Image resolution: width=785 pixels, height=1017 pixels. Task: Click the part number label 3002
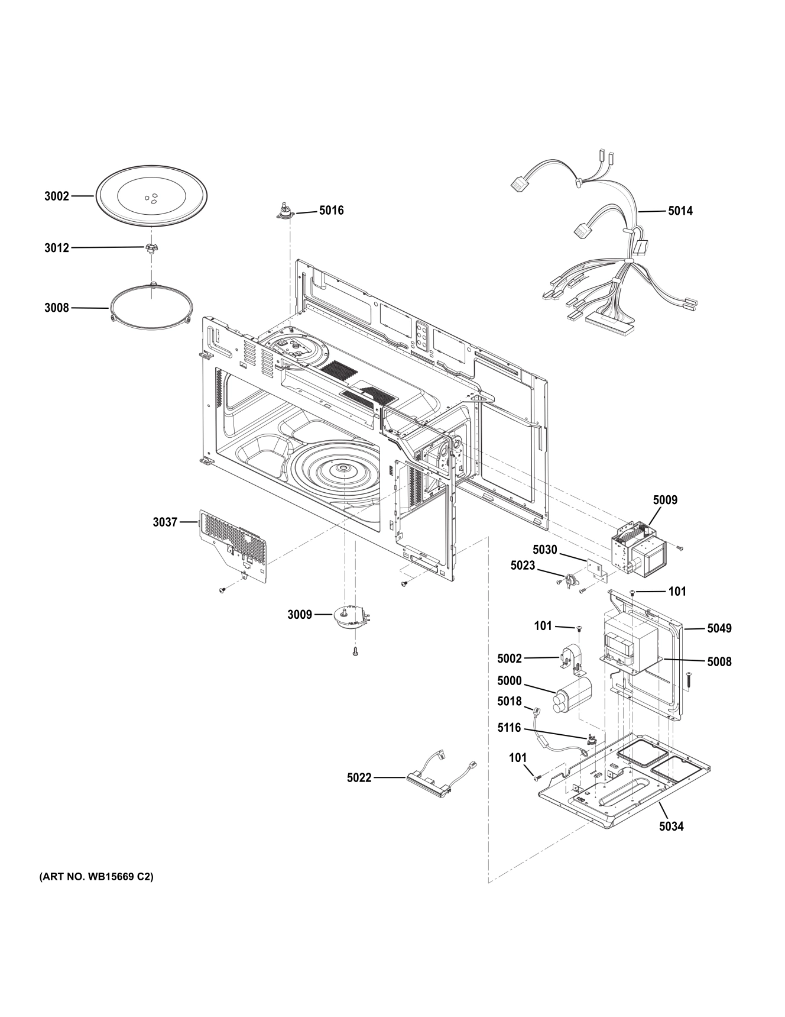[x=57, y=196]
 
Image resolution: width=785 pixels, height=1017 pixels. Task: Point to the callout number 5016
[x=331, y=211]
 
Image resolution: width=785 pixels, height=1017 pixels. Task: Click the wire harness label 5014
[x=680, y=211]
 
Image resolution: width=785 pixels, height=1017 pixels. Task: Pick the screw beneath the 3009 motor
[x=355, y=651]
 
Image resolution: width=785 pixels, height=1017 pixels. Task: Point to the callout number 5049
[x=719, y=628]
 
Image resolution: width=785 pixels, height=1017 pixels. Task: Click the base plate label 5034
[x=672, y=826]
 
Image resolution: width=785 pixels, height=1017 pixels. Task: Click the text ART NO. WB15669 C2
[x=96, y=877]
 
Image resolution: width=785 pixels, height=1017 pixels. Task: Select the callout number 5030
[x=544, y=550]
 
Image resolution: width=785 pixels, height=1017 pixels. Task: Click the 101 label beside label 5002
[x=543, y=626]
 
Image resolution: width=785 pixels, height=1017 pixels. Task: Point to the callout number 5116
[x=509, y=728]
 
